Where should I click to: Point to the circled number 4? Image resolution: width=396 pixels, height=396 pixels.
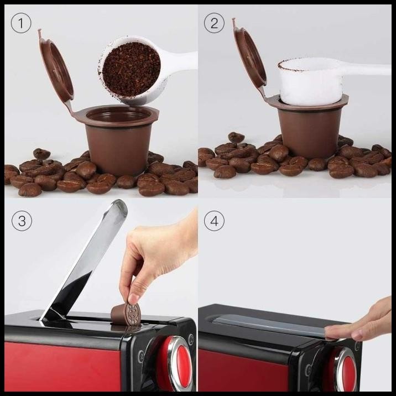[214, 222]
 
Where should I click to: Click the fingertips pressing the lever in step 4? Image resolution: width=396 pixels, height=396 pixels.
[337, 331]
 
